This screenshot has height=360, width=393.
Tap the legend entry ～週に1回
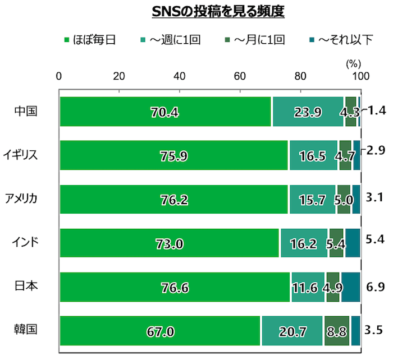[174, 40]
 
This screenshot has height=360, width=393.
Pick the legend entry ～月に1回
[258, 40]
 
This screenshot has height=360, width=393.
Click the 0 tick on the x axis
[60, 76]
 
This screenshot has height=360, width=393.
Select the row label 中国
[26, 111]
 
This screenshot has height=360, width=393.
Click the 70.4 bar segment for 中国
[165, 112]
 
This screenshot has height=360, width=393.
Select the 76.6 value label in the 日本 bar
[175, 288]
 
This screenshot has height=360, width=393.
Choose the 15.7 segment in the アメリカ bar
[312, 200]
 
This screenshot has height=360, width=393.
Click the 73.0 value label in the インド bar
[170, 244]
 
